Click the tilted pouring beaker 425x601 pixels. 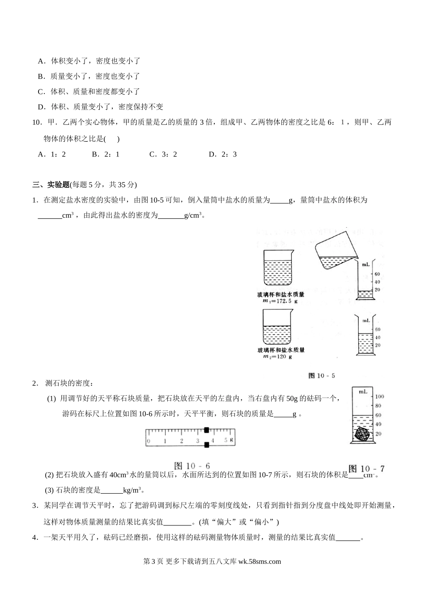pyautogui.click(x=336, y=251)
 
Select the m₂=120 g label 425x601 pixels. pyautogui.click(x=278, y=356)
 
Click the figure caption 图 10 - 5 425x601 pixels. pyautogui.click(x=322, y=376)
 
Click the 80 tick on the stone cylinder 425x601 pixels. pyautogui.click(x=378, y=406)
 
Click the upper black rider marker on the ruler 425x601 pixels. pyautogui.click(x=206, y=430)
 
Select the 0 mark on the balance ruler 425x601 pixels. pyautogui.click(x=149, y=441)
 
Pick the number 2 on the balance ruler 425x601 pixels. pyautogui.click(x=181, y=441)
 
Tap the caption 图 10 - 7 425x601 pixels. pyautogui.click(x=366, y=469)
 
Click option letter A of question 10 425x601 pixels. pyautogui.click(x=41, y=154)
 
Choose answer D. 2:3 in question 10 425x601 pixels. pyautogui.click(x=223, y=154)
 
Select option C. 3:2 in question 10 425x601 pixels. pyautogui.click(x=163, y=154)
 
